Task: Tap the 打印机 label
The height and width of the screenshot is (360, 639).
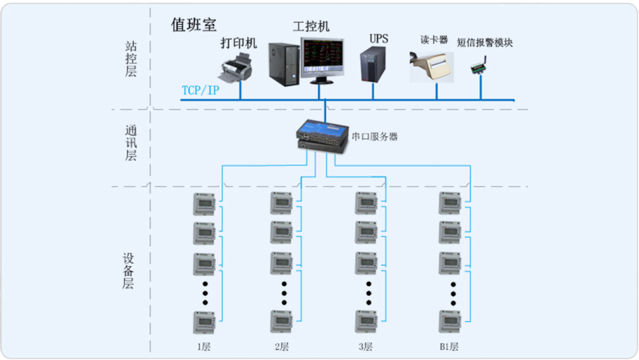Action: [x=238, y=44]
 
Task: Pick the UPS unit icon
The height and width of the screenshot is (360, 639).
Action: [x=374, y=64]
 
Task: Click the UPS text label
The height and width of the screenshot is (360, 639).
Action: [x=378, y=37]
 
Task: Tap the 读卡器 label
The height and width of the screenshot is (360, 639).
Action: [x=435, y=40]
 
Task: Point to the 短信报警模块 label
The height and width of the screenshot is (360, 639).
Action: [x=484, y=42]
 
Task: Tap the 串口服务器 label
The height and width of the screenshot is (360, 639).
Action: [x=374, y=136]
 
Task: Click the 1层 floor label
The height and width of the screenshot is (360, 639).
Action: [x=203, y=347]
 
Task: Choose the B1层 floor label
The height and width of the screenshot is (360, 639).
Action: [x=449, y=347]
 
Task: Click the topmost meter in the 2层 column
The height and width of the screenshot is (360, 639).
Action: [x=281, y=203]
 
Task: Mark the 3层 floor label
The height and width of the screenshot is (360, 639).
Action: [x=365, y=347]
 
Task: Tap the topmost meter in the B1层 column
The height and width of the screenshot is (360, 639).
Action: [x=450, y=203]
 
